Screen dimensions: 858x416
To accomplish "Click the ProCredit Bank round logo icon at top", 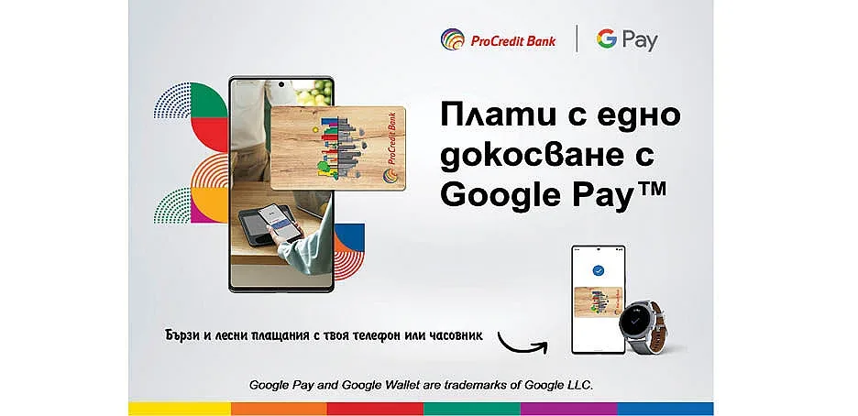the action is [453, 40].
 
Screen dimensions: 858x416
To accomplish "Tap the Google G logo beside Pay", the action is [606, 38].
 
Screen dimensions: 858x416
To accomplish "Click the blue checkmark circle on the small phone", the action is [599, 269].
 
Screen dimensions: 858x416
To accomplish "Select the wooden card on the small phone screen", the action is [598, 304].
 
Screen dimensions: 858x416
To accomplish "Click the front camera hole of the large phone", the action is [281, 84].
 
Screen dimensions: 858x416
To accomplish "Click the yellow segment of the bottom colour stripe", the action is [180, 409].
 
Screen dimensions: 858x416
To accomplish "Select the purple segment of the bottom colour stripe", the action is [569, 409].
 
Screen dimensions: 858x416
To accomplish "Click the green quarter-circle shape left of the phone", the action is [208, 100].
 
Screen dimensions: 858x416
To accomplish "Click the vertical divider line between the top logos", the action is [577, 38].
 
